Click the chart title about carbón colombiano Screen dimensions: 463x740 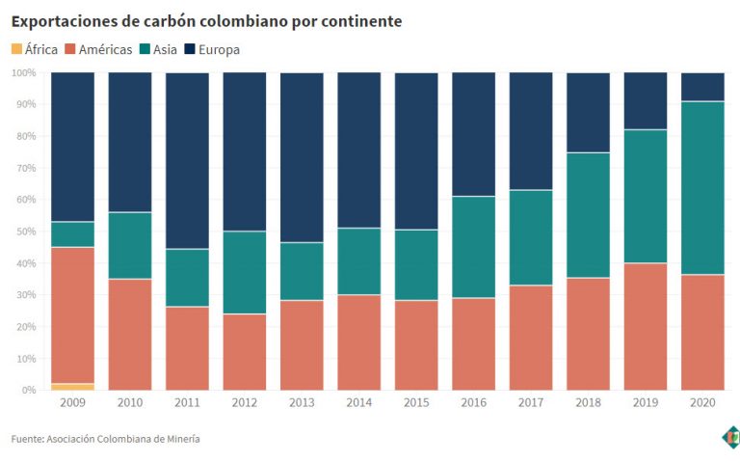pyautogui.click(x=206, y=20)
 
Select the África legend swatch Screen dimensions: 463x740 pyautogui.click(x=18, y=48)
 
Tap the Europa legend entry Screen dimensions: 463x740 pyautogui.click(x=215, y=49)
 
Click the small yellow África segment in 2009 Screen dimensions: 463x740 pyautogui.click(x=73, y=386)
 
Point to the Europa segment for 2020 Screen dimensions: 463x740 pyautogui.click(x=703, y=87)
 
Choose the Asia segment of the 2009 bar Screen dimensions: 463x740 pyautogui.click(x=73, y=234)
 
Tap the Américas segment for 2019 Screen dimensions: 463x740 pyautogui.click(x=646, y=326)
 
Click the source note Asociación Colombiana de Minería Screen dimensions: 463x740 pyautogui.click(x=106, y=439)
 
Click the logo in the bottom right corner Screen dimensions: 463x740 pyautogui.click(x=731, y=437)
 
